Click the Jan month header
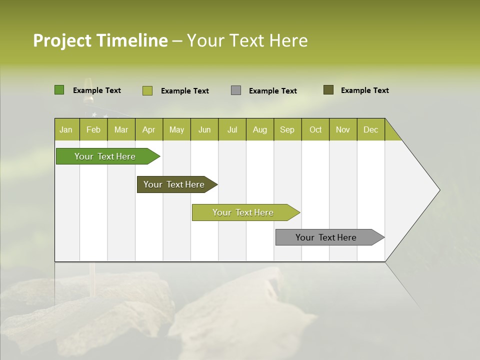pyautogui.click(x=66, y=129)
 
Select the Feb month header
pyautogui.click(x=93, y=129)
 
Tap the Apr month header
pyautogui.click(x=148, y=129)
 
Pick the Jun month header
pyautogui.click(x=204, y=129)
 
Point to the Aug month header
pyautogui.click(x=259, y=129)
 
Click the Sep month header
pyautogui.click(x=287, y=129)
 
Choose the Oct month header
pyautogui.click(x=315, y=129)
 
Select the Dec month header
pyautogui.click(x=370, y=129)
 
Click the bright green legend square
pyautogui.click(x=59, y=90)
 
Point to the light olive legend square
pyautogui.click(x=147, y=90)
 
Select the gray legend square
pyautogui.click(x=236, y=90)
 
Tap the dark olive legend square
pyautogui.click(x=328, y=90)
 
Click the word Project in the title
pyautogui.click(x=62, y=40)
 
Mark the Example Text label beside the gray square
pyautogui.click(x=272, y=91)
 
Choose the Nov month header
pyautogui.click(x=343, y=129)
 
